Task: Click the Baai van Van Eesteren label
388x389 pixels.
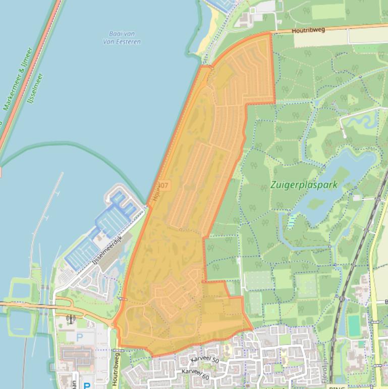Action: [125, 37]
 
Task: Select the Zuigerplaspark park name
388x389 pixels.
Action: [304, 185]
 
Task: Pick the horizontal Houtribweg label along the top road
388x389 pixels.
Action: [308, 30]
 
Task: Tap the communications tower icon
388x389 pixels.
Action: [71, 319]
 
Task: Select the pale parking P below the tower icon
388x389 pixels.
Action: [79, 336]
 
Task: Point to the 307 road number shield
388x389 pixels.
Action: [165, 186]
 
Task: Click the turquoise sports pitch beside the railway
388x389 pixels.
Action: [354, 326]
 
